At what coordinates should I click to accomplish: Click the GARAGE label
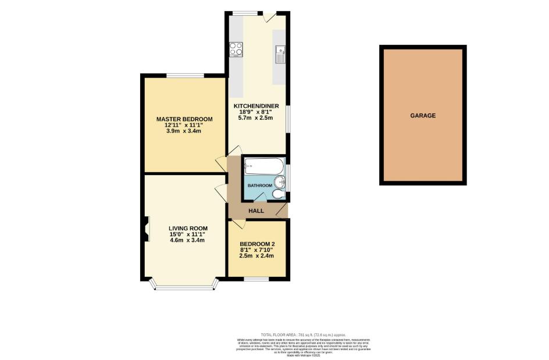click(423, 116)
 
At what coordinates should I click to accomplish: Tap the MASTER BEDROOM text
click(184, 119)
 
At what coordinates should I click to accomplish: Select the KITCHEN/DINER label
click(256, 106)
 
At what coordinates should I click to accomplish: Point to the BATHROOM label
click(259, 186)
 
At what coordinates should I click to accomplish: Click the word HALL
click(256, 211)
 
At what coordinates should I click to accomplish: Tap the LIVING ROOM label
click(188, 228)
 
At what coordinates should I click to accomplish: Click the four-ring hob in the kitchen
click(236, 49)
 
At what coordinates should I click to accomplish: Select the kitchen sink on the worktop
click(280, 54)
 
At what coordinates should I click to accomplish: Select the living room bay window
click(184, 287)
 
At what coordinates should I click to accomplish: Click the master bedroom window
click(184, 76)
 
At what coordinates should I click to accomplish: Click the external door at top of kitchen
click(268, 17)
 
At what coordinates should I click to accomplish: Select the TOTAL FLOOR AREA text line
click(303, 335)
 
